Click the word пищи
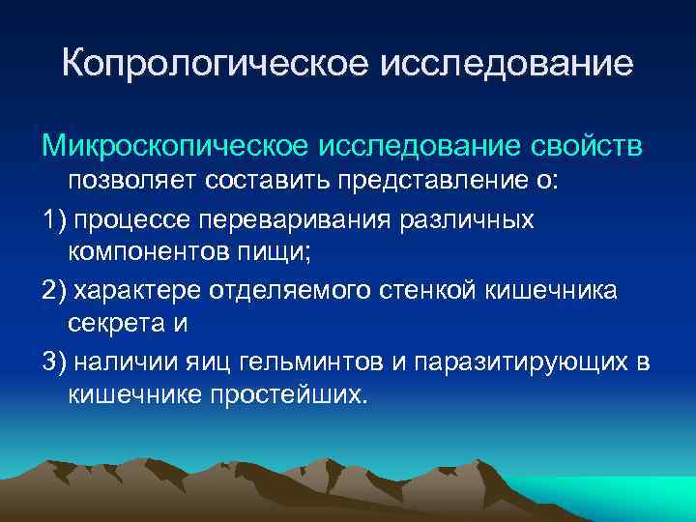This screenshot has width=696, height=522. click(280, 253)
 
